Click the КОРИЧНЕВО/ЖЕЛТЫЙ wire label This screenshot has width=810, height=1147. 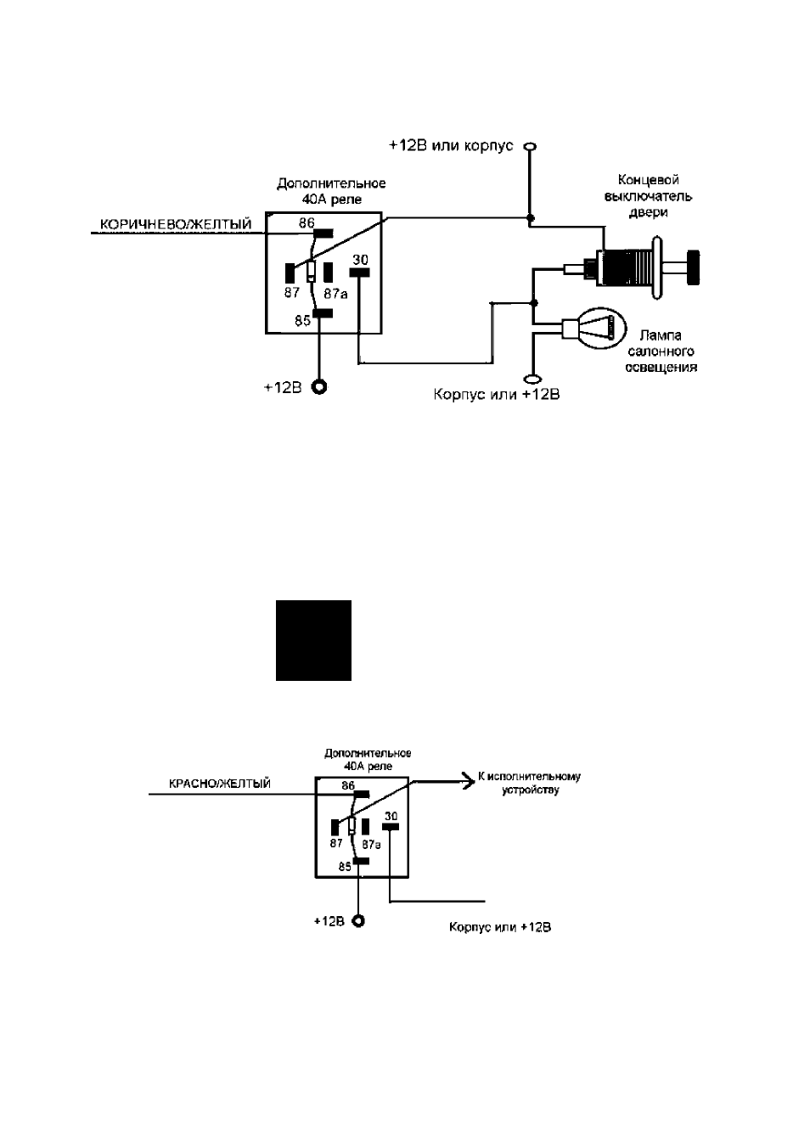176,224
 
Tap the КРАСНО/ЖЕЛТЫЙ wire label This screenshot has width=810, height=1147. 220,784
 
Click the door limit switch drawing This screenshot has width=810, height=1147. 632,267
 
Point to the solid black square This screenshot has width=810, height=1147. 313,640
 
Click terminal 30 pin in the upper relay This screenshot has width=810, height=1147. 359,273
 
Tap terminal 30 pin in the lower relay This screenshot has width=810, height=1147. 391,826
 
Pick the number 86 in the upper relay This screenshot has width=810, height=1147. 307,222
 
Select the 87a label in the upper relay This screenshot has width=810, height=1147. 335,294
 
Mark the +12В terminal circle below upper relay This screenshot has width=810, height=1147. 319,387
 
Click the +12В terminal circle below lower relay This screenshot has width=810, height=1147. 359,921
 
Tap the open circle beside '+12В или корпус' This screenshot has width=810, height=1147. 531,147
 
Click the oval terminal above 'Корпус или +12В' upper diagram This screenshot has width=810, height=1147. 532,379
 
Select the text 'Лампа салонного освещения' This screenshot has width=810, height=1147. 661,351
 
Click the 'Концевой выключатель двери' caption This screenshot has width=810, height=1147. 648,196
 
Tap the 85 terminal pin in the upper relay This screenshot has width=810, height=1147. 323,313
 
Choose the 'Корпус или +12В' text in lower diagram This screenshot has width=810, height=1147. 500,927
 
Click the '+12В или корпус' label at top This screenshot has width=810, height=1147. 451,146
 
